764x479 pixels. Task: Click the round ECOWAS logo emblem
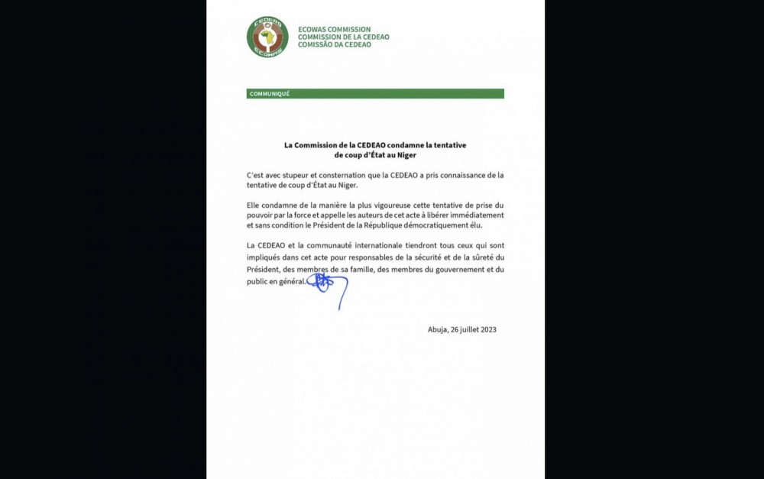tap(267, 36)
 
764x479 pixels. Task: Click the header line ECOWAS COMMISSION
tap(334, 28)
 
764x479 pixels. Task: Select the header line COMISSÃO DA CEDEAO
tap(335, 44)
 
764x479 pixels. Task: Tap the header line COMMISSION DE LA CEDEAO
tap(344, 37)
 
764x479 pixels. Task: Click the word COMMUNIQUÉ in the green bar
tap(269, 94)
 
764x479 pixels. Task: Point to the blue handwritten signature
tap(326, 286)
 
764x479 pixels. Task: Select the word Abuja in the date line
tap(439, 329)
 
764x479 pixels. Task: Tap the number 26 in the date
tap(457, 329)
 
